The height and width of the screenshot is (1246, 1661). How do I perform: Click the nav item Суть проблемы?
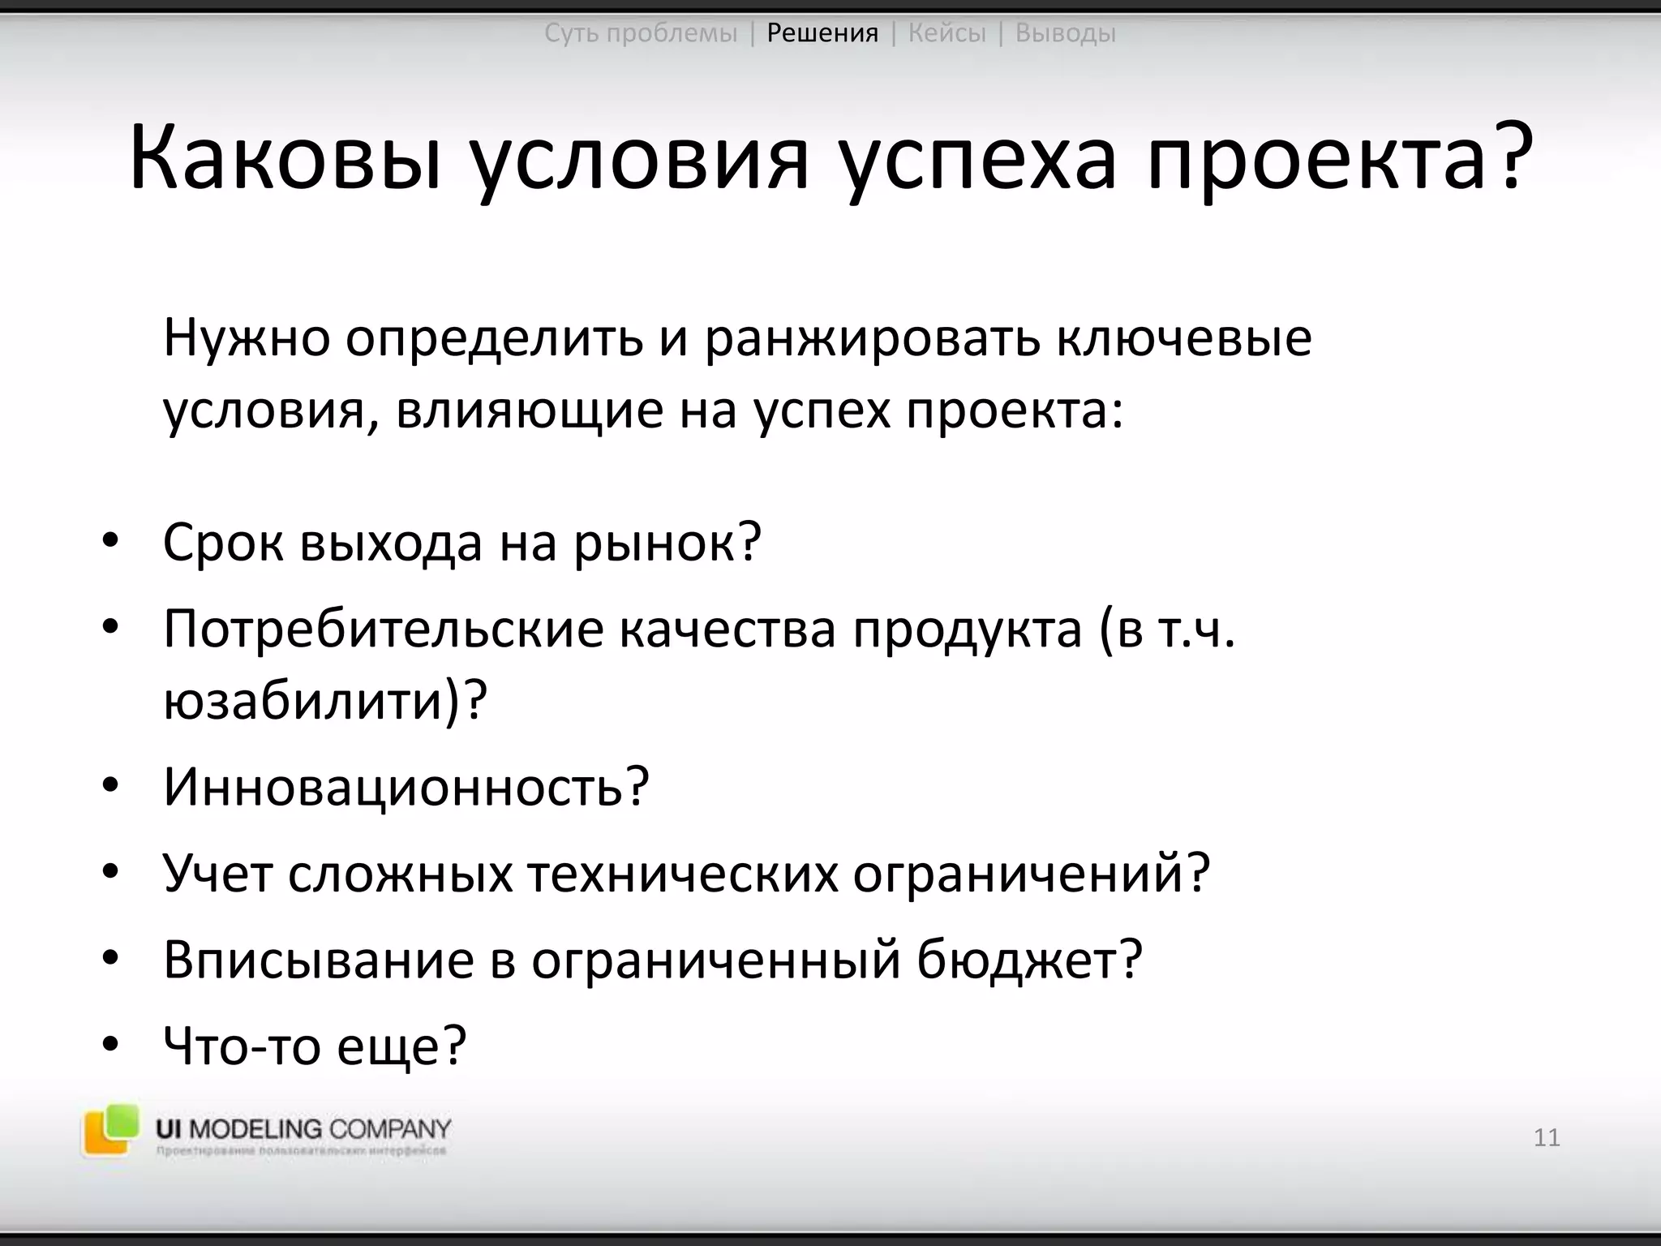(641, 33)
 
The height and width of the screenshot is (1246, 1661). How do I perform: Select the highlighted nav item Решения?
(822, 33)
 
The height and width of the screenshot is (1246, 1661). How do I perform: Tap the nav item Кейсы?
(946, 33)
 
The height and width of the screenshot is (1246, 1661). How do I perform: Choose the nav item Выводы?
(1065, 33)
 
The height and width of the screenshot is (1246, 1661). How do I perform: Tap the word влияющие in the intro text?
(528, 411)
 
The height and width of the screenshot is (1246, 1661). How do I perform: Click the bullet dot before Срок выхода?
(111, 541)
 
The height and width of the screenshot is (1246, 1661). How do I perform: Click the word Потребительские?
(384, 629)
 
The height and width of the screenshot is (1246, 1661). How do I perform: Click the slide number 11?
(1547, 1137)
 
